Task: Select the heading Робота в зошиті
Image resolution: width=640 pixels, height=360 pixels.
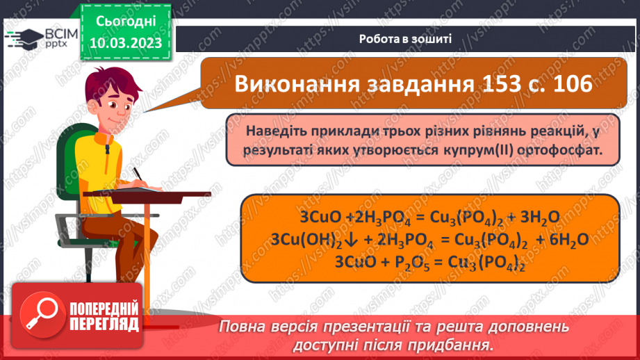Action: (406, 39)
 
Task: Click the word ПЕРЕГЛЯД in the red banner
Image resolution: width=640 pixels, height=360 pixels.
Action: (105, 324)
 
